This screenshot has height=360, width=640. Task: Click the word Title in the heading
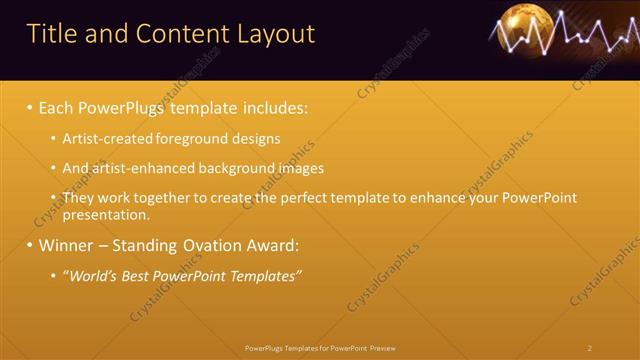[52, 34]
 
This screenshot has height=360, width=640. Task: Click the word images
[299, 168]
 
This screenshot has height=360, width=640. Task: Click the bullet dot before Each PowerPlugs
[30, 107]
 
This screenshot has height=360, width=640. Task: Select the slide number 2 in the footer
[590, 348]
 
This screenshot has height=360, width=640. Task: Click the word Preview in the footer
[382, 348]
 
